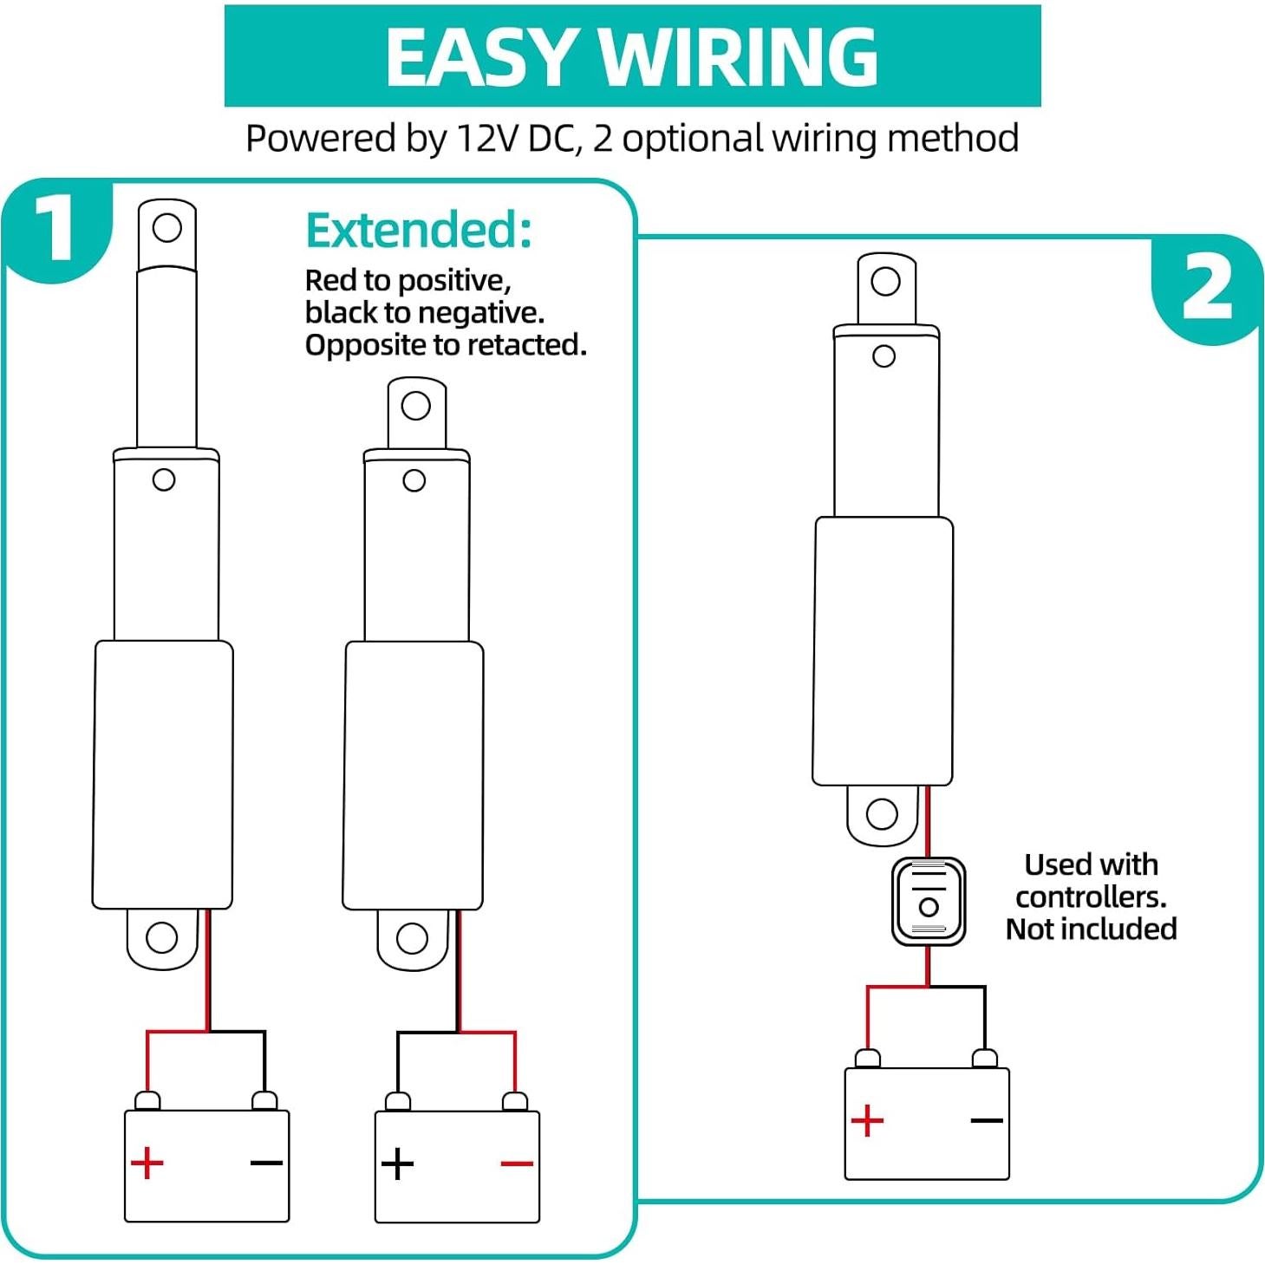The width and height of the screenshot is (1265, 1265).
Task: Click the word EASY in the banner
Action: [x=482, y=57]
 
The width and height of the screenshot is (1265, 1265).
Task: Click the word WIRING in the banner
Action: [x=739, y=57]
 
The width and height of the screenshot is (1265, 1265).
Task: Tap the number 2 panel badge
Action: [x=1206, y=289]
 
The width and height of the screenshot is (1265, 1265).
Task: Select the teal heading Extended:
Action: [x=419, y=231]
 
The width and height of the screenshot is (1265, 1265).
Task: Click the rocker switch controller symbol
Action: [x=929, y=902]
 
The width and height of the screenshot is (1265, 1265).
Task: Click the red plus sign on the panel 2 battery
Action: [x=867, y=1120]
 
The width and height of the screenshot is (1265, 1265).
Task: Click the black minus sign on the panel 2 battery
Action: [x=987, y=1120]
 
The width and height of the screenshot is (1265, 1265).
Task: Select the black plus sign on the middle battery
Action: [x=397, y=1164]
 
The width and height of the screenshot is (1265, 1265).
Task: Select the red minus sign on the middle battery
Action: [x=517, y=1164]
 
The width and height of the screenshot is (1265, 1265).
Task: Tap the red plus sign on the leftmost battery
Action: [x=147, y=1163]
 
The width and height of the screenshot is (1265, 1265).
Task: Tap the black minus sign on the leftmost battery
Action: [x=266, y=1163]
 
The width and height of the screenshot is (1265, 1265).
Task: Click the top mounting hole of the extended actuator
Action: [x=166, y=228]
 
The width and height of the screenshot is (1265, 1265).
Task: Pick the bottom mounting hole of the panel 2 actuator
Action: [x=882, y=813]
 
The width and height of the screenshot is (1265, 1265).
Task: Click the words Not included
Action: [x=1091, y=929]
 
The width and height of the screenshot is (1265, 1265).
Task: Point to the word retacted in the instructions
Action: [x=528, y=345]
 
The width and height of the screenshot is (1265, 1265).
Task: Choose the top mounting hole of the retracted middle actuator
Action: [x=416, y=406]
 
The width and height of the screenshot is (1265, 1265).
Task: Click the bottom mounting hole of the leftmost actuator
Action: [x=162, y=937]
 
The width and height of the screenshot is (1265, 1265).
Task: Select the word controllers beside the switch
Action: [x=1091, y=897]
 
